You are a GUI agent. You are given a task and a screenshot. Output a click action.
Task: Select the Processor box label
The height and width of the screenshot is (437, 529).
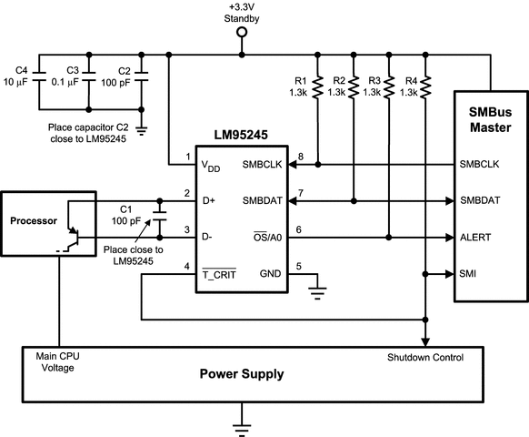(33, 221)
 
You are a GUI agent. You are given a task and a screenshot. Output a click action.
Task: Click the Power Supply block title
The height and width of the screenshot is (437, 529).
(242, 373)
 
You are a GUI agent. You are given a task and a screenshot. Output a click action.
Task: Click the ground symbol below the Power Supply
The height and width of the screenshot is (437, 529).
(242, 420)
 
